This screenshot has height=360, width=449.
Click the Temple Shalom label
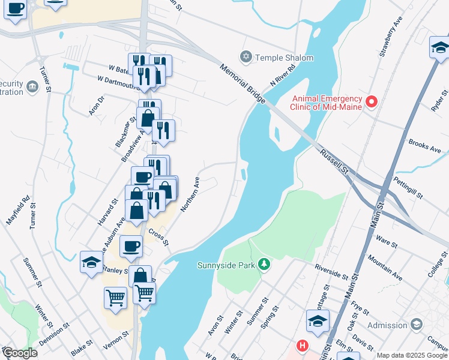285,58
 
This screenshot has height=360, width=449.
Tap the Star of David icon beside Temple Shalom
245,58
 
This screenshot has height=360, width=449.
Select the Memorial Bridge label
243,84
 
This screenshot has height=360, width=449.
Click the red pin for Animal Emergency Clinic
371,103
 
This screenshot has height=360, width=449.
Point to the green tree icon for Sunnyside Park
262,265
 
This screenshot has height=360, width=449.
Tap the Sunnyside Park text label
226,265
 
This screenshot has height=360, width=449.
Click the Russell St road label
334,160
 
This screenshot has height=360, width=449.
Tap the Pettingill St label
408,188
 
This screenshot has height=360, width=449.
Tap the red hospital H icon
303,347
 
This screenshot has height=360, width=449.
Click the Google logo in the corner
20,353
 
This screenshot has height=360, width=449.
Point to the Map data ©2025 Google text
412,355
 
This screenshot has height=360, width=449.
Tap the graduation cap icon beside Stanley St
91,262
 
